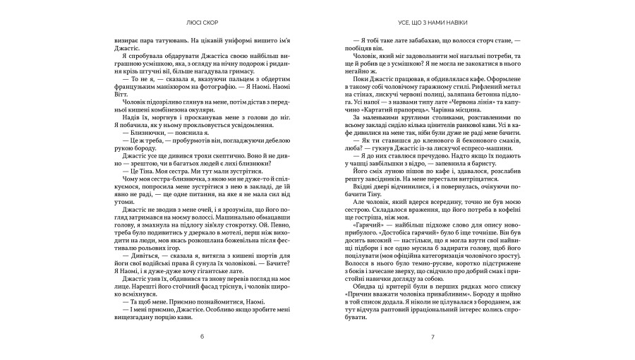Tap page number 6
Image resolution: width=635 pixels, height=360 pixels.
(x=202, y=336)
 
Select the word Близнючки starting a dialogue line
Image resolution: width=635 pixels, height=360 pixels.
(x=143, y=130)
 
